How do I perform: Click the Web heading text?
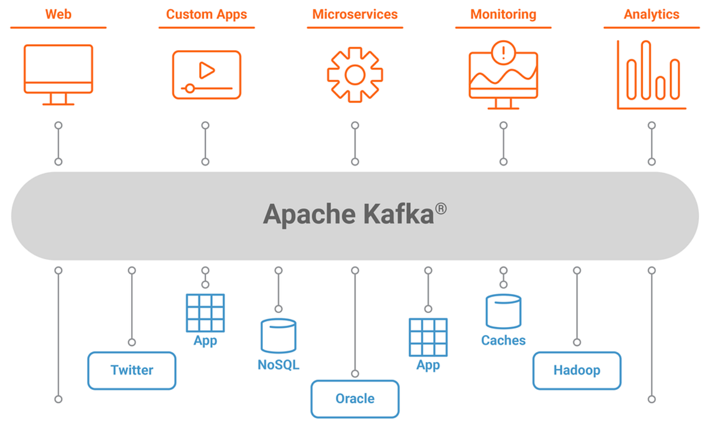58,14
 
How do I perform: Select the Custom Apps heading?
206,14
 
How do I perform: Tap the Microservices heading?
354,14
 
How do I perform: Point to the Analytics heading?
652,14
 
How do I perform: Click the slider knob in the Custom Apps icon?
189,88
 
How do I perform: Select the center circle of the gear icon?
354,75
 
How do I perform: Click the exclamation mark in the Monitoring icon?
503,53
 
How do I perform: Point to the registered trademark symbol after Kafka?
440,208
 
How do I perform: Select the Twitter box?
132,370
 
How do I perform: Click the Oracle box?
354,399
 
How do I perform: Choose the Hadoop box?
577,370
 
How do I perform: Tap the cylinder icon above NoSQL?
278,335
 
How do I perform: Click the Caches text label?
503,340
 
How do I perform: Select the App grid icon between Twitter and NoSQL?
205,312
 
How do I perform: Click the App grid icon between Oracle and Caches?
428,337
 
